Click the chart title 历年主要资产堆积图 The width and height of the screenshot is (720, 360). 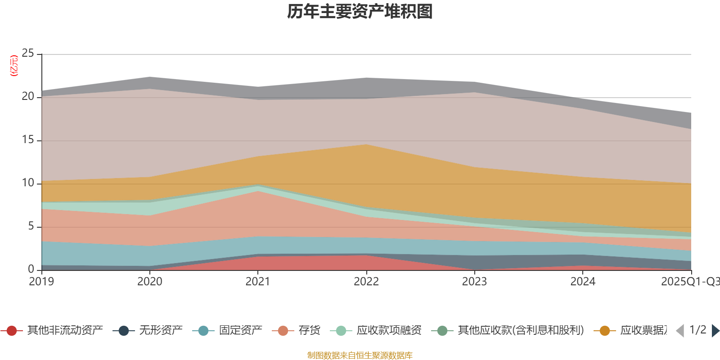click(x=360, y=12)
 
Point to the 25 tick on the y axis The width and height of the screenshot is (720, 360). click(x=28, y=54)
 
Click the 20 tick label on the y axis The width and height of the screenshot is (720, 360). click(x=28, y=97)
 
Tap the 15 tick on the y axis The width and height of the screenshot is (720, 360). click(x=28, y=140)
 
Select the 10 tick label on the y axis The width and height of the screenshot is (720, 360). click(x=28, y=183)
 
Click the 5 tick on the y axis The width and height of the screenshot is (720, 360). click(x=31, y=226)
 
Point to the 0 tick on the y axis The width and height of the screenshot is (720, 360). click(x=31, y=270)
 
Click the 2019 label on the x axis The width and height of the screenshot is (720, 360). click(x=41, y=282)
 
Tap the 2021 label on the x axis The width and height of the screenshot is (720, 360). click(x=257, y=282)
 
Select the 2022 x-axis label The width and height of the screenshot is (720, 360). click(x=366, y=282)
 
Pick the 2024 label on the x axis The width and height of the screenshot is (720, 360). click(x=583, y=282)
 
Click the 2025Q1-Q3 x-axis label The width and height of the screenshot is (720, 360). click(x=689, y=282)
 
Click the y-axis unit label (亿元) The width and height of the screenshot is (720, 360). click(x=14, y=66)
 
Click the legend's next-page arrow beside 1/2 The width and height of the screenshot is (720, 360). click(x=715, y=331)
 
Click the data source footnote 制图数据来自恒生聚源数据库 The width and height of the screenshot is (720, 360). click(x=360, y=355)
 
